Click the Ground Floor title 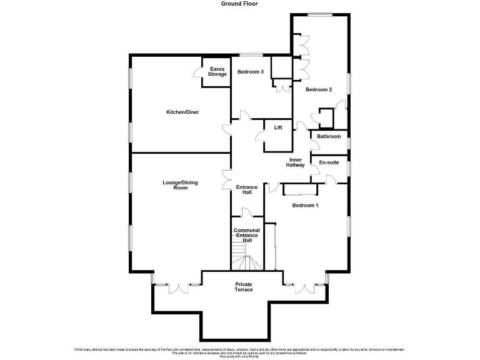239,4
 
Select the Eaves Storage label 217,72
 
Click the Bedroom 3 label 250,72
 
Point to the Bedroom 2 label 318,90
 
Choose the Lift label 278,127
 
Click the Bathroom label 329,136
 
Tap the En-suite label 329,162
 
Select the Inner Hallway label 296,162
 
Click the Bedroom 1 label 306,206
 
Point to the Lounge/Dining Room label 180,185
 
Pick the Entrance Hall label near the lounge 247,190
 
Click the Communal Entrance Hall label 247,235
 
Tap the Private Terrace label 244,287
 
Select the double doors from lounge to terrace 178,287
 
